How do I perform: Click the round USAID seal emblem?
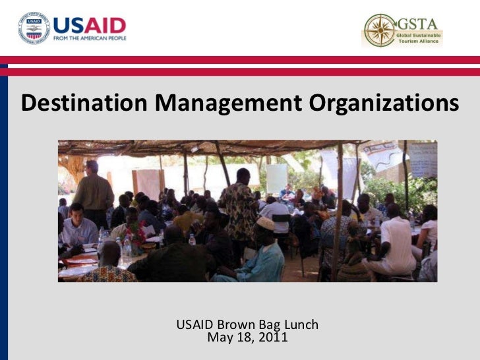pyautogui.click(x=33, y=28)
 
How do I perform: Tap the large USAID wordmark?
pyautogui.click(x=89, y=26)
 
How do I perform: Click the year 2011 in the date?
pyautogui.click(x=272, y=338)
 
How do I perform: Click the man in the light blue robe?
pyautogui.click(x=260, y=257)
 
